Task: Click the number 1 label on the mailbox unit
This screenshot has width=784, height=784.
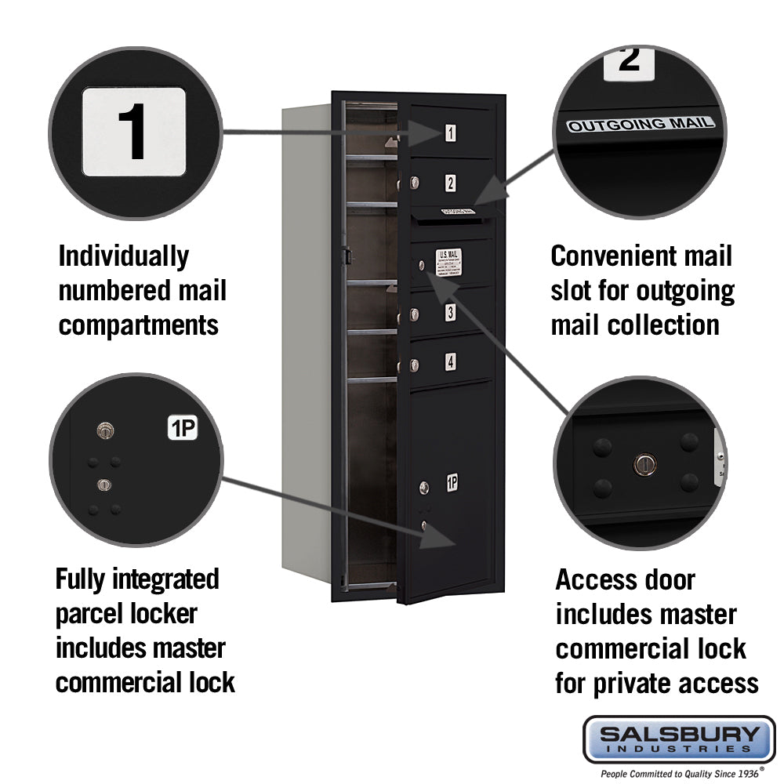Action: [451, 133]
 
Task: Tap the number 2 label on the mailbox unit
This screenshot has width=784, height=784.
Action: [450, 183]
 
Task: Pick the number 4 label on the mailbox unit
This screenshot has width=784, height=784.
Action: [450, 362]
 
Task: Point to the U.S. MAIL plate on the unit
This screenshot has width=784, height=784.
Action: [448, 263]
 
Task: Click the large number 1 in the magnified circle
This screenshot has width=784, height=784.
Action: [134, 131]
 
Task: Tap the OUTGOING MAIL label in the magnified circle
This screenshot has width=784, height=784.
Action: [641, 124]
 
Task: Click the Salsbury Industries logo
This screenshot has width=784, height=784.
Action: [679, 739]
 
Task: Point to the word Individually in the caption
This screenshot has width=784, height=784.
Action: [124, 256]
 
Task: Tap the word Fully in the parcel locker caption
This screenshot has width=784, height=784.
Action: [82, 579]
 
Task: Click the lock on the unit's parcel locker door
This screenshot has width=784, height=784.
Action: [424, 488]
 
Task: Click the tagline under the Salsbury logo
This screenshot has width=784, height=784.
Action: [679, 774]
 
